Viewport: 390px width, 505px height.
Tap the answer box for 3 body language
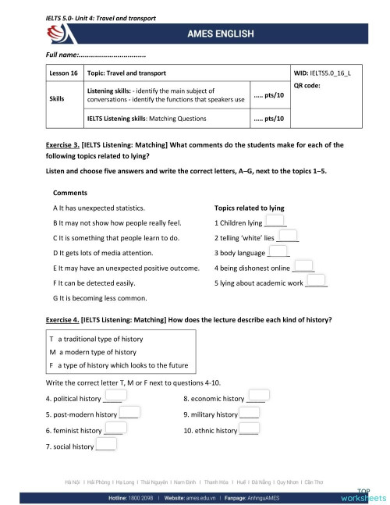278,251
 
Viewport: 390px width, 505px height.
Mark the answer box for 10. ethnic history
249,429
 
